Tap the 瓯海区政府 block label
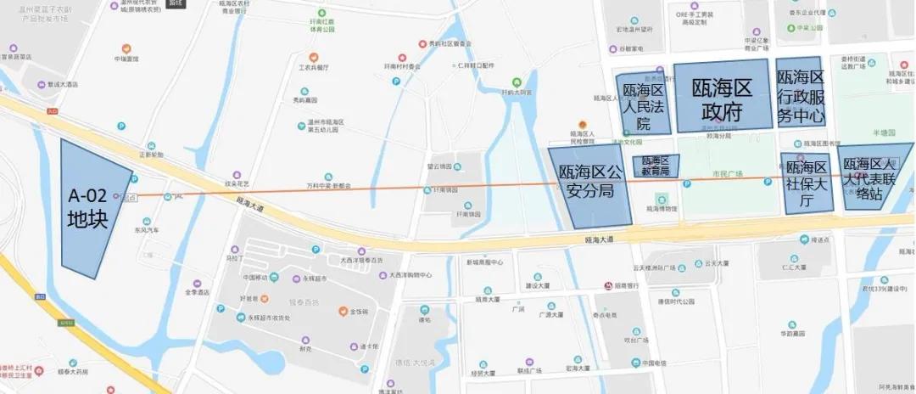click(x=723, y=99)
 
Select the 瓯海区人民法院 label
click(x=642, y=105)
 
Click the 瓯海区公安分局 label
click(x=590, y=182)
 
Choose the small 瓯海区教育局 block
click(x=656, y=166)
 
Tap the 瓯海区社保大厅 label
click(x=806, y=183)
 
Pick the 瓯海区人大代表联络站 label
click(x=876, y=173)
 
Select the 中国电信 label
click(x=654, y=363)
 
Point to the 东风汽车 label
click(x=146, y=230)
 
